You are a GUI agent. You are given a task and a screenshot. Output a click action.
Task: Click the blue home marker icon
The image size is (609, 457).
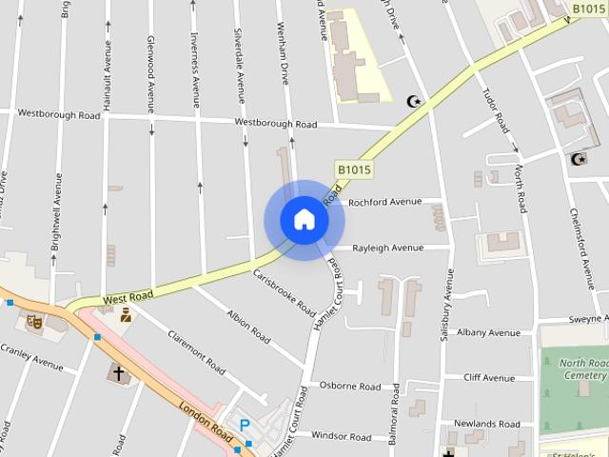304,220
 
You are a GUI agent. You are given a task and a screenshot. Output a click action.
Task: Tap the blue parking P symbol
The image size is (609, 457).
244,425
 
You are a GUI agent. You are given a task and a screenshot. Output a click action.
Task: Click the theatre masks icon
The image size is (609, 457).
35,322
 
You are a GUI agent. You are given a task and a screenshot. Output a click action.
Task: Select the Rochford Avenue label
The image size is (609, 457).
384,202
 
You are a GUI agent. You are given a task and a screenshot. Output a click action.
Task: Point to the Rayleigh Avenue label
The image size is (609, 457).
387,248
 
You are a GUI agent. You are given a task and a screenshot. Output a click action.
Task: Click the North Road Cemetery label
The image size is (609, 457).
582,369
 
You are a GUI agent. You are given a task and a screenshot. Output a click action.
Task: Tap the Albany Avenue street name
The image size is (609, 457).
488,333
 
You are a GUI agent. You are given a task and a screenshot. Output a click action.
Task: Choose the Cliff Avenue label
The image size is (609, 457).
489,378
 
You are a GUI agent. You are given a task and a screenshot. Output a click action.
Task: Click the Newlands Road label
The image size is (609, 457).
488,424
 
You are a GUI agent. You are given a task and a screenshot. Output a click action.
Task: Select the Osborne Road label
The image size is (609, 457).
349,386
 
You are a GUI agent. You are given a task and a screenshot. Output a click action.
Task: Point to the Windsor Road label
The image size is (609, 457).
341,436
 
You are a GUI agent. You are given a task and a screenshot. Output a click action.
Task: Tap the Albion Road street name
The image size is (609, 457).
247,325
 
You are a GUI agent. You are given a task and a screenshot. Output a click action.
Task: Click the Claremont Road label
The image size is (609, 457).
196,352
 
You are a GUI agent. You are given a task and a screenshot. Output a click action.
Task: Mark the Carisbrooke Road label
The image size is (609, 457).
285,292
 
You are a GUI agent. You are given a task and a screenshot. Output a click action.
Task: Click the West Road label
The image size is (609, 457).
128,298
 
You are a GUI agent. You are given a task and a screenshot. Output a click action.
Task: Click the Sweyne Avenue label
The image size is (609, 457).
588,318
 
